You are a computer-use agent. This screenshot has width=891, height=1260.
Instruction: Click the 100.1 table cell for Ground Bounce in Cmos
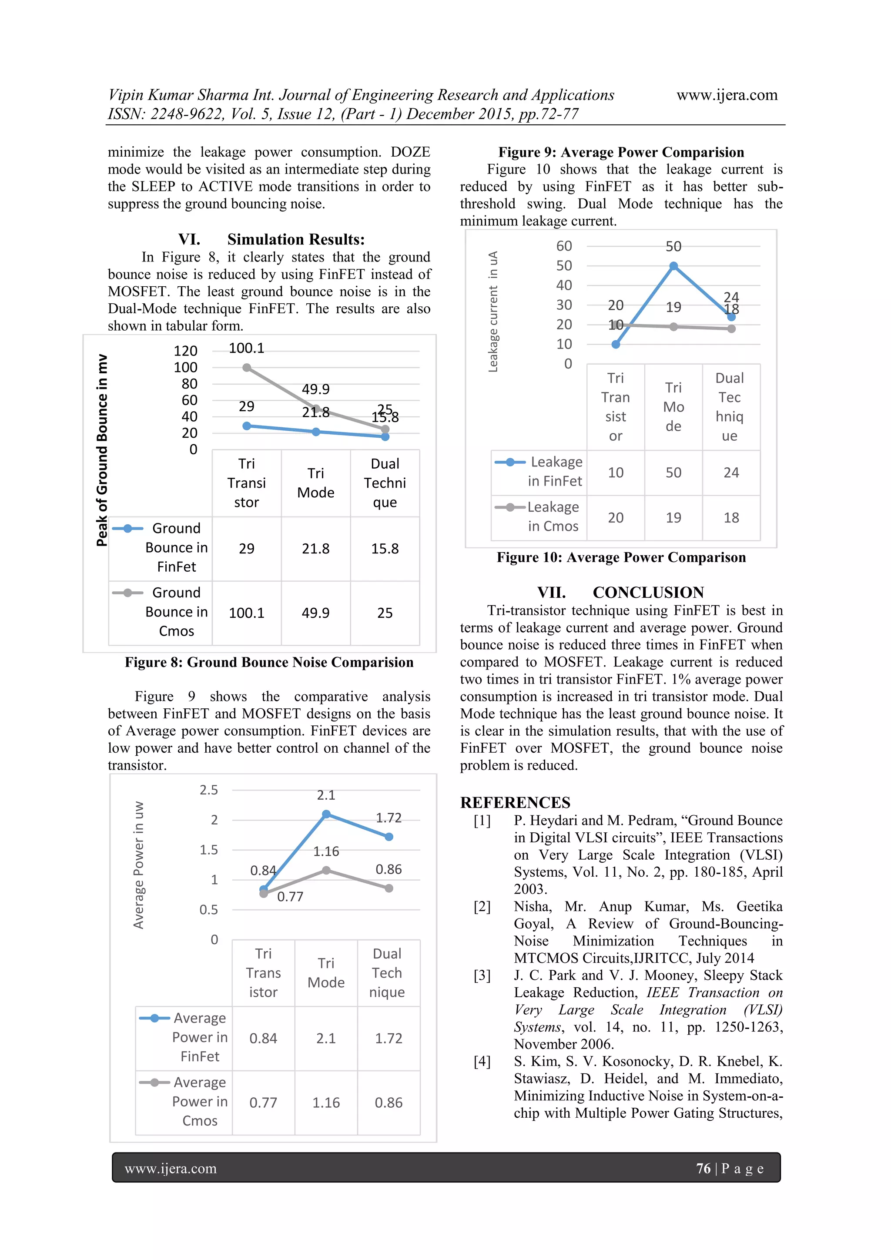click(246, 613)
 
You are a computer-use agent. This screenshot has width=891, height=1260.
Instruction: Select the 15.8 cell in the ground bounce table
click(385, 549)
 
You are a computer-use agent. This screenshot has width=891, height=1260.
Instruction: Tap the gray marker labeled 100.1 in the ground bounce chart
click(247, 368)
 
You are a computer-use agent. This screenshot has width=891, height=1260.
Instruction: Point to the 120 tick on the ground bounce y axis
click(185, 351)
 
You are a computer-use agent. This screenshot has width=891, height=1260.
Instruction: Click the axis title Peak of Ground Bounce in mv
click(102, 450)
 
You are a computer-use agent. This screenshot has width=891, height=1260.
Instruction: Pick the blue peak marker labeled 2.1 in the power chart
click(326, 814)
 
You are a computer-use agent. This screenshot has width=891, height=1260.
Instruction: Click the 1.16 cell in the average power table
click(326, 1102)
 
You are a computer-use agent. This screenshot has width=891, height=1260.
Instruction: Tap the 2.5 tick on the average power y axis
click(208, 790)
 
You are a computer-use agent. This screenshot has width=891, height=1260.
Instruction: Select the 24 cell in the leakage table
click(731, 473)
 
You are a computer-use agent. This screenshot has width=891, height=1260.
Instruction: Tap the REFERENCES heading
click(515, 802)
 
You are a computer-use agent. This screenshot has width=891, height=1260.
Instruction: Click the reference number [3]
click(482, 975)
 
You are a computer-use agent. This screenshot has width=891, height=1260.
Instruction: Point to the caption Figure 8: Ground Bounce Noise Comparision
click(269, 662)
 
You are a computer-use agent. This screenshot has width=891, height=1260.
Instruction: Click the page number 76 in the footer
click(703, 1168)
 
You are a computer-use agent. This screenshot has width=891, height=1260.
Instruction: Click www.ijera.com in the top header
click(727, 95)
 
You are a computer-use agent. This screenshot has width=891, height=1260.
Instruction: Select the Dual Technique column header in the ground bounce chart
click(385, 483)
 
